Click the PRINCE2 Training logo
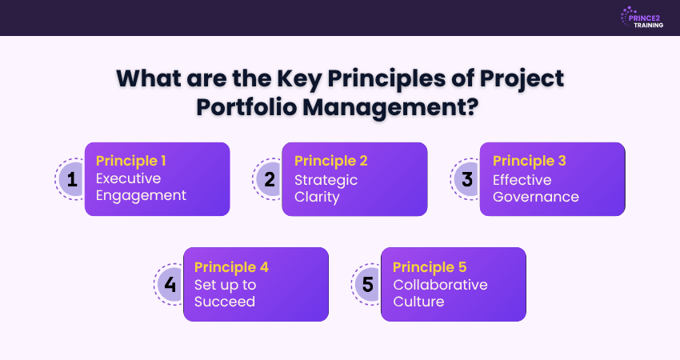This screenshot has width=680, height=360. tap(642, 18)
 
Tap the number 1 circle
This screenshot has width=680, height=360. tap(70, 179)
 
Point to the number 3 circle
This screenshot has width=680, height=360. tap(466, 179)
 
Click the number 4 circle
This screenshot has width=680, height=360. tap(169, 285)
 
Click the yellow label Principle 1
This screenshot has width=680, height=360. tap(130, 161)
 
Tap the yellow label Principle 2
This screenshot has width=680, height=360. tap(331, 161)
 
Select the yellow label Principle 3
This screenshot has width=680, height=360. tap(529, 161)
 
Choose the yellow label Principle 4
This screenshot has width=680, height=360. tap(231, 267)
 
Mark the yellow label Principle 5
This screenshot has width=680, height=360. tap(430, 267)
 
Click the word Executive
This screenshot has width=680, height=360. tap(128, 178)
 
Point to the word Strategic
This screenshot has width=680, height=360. tap(326, 180)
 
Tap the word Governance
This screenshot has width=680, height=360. tap(535, 197)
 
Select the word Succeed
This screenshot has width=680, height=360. tap(225, 302)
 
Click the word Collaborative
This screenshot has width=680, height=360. tap(440, 285)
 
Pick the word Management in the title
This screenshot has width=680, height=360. tap(390, 107)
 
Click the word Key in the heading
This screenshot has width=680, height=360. tap(299, 78)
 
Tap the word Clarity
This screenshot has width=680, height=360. tap(317, 198)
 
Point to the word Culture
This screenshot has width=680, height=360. tap(418, 302)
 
